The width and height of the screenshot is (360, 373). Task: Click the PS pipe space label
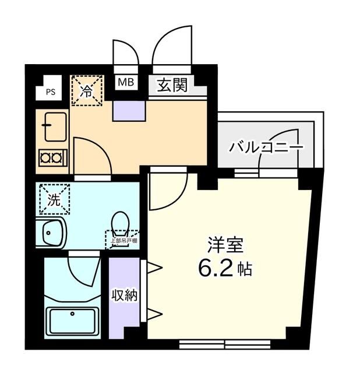pos(51,91)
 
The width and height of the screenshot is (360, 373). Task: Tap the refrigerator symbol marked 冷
pos(86,91)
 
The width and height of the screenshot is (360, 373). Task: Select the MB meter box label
pos(126,83)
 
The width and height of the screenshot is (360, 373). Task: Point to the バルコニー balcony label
pos(266,147)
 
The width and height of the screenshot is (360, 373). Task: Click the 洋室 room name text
pos(223,245)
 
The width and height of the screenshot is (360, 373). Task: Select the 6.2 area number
pos(215,269)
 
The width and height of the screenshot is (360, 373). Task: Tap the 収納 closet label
pos(124,295)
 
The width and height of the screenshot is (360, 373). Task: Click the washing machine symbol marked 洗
pos(54,200)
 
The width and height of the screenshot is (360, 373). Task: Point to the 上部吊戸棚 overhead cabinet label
pos(122,238)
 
